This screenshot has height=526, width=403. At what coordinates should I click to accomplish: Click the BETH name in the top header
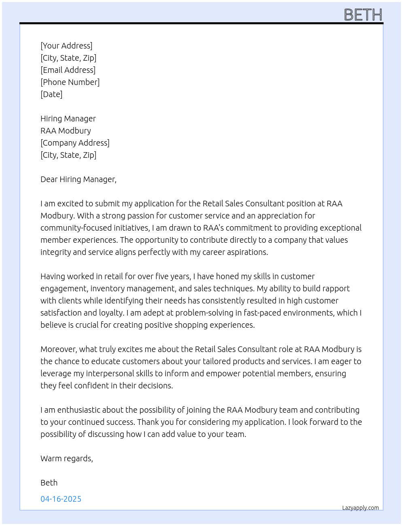click(x=363, y=15)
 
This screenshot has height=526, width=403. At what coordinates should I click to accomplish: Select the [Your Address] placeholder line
click(x=66, y=46)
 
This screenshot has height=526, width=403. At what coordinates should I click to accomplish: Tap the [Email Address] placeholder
click(x=68, y=70)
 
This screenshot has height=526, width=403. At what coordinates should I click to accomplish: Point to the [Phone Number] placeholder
click(x=70, y=82)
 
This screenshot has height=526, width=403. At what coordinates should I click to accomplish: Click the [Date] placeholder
click(x=51, y=94)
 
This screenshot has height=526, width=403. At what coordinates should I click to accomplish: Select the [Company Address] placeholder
click(x=75, y=143)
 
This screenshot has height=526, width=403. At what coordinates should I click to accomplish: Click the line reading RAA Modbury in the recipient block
click(x=66, y=131)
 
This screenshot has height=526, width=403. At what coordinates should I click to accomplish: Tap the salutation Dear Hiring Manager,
click(x=78, y=179)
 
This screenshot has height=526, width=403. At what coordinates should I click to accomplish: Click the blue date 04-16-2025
click(x=61, y=499)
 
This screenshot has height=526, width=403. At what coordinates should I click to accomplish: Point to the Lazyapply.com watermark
click(x=361, y=508)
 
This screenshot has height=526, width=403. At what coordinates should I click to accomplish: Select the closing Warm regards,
click(x=67, y=458)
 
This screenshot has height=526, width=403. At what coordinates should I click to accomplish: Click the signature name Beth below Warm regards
click(x=49, y=483)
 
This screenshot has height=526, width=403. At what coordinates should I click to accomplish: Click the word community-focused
click(x=74, y=228)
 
